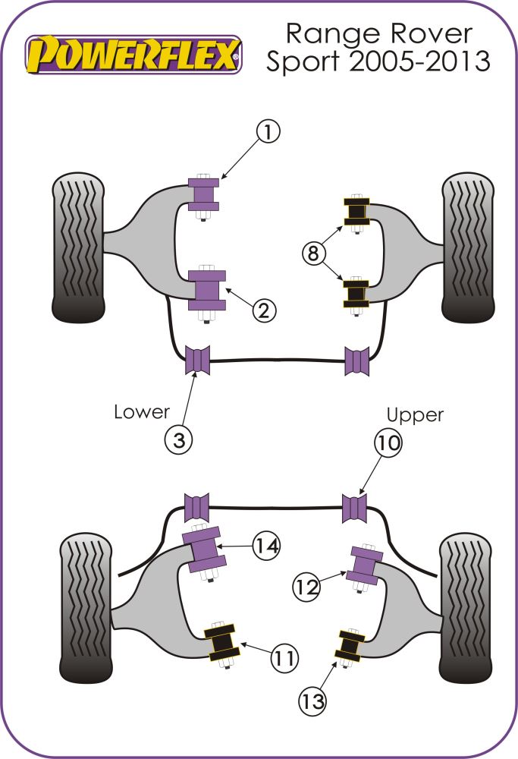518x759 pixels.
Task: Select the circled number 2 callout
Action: coord(264,310)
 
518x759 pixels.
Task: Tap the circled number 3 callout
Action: coord(179,440)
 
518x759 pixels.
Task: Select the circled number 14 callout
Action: coord(267,546)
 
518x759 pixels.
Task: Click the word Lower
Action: coord(141,412)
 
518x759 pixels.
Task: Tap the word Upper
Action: coord(414,414)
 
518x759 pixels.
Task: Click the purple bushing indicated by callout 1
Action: coord(202,195)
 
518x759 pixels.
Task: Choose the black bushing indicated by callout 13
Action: coord(350,645)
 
